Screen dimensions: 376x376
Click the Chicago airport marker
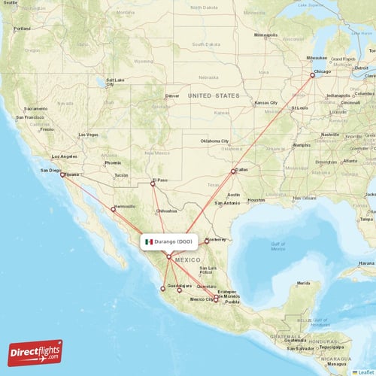point(313,74)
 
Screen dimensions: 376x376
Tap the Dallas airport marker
point(233,171)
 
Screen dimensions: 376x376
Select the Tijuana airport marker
point(62,174)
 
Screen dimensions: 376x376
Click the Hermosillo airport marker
point(114,209)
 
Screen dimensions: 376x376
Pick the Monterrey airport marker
point(206,241)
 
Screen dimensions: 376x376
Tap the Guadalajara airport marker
point(162,288)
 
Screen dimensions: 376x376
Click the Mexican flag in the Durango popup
point(149,241)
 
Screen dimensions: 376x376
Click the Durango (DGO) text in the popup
point(173,241)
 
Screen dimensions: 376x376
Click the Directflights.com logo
point(35,352)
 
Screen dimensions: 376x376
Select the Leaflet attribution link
point(364,371)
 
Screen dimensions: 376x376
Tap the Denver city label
point(172,96)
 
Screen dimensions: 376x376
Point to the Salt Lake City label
point(115,82)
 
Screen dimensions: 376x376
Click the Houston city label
point(256,199)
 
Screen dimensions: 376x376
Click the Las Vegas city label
point(88,135)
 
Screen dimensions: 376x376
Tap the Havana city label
point(366,262)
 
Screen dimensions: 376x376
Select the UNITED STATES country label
point(214,96)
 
